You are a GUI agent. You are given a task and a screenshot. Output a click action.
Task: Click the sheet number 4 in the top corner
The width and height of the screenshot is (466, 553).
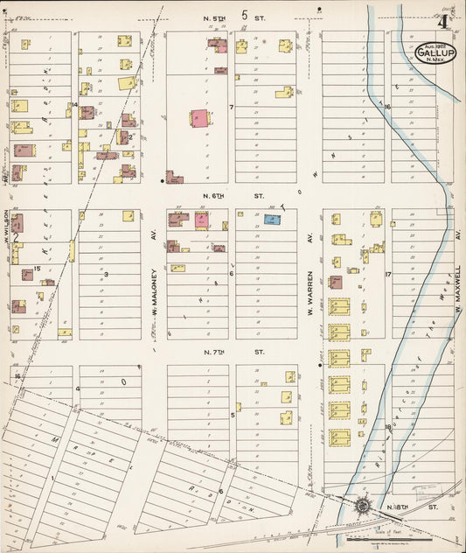tap(446, 22)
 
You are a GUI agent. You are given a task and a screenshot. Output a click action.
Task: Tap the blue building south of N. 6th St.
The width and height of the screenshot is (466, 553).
tap(272, 220)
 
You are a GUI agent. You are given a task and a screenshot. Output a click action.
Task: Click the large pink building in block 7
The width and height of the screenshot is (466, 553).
tap(199, 120)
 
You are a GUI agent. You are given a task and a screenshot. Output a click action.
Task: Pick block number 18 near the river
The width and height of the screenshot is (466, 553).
tap(387, 426)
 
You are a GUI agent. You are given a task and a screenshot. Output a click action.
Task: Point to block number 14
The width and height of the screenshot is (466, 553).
tap(75, 105)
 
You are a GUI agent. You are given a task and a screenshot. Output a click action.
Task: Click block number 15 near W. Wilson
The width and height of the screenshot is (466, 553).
tap(37, 269)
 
